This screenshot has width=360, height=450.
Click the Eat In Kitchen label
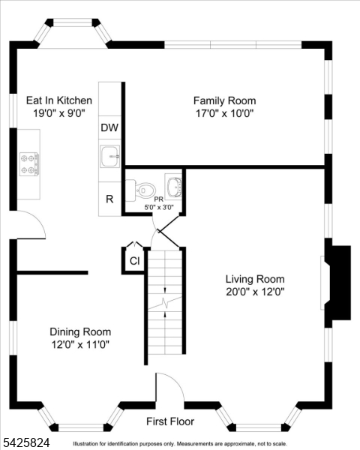[x=59, y=100]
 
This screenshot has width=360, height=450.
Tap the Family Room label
[x=224, y=100]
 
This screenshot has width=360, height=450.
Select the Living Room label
[x=255, y=279]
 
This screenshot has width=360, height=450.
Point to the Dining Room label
[x=80, y=331]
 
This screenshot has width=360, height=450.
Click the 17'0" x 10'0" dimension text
[x=225, y=114]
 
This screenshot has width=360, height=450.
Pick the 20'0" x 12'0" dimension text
[x=255, y=292]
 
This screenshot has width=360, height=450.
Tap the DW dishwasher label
[x=109, y=127]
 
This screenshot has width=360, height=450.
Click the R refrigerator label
[x=109, y=199]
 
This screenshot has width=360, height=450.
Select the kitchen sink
[x=110, y=156]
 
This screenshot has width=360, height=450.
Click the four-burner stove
[x=29, y=164]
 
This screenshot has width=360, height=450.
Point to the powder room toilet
[x=141, y=190]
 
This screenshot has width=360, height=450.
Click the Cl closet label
[x=135, y=261]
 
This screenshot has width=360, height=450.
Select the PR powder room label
[x=159, y=199]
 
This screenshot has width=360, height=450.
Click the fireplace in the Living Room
[x=337, y=283]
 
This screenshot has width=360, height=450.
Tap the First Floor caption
[x=170, y=421]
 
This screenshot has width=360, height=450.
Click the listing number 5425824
[x=25, y=442]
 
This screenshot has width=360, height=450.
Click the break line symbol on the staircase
[x=165, y=302]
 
